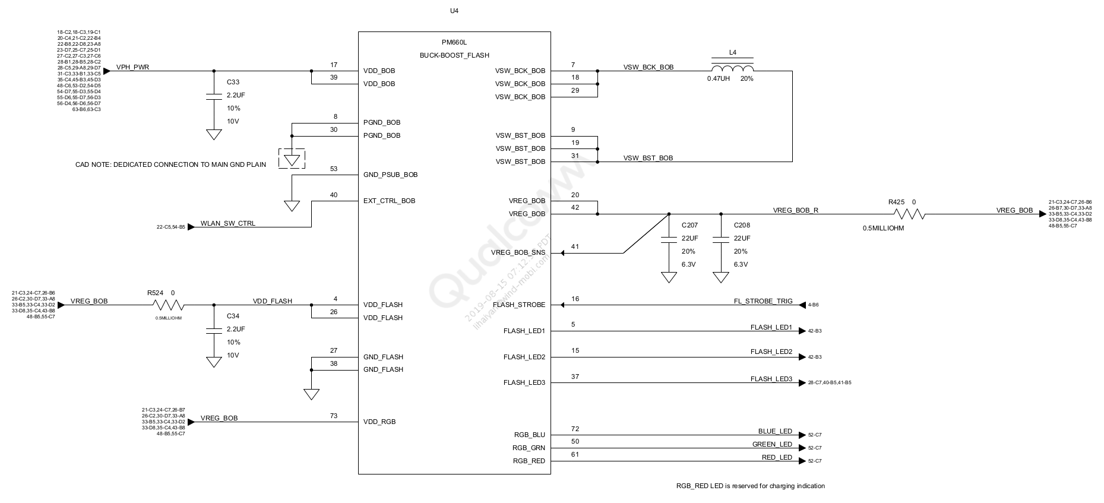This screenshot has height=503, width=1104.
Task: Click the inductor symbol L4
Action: pos(732,67)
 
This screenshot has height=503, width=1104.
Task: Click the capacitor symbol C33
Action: pos(213,96)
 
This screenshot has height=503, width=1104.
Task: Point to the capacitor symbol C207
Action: pos(669,239)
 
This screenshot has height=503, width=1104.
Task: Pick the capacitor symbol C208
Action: pos(721,239)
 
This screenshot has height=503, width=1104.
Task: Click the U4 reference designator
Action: pos(454,11)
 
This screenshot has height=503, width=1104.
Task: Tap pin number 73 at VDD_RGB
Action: pos(334,416)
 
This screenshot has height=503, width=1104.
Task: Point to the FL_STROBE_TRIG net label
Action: pos(763,301)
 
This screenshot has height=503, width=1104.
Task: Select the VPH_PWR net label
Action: pos(132,67)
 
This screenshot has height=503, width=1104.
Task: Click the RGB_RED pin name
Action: pos(529,461)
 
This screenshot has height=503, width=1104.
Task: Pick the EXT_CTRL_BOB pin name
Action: pos(389,201)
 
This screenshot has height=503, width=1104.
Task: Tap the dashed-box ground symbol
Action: pos(292,159)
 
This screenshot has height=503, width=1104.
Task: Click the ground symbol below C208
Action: pos(721,277)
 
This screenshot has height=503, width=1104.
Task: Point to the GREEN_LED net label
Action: pos(772,444)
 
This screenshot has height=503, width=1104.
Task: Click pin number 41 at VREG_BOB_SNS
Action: pos(574,246)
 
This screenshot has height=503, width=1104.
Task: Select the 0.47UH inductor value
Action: pos(718,78)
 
